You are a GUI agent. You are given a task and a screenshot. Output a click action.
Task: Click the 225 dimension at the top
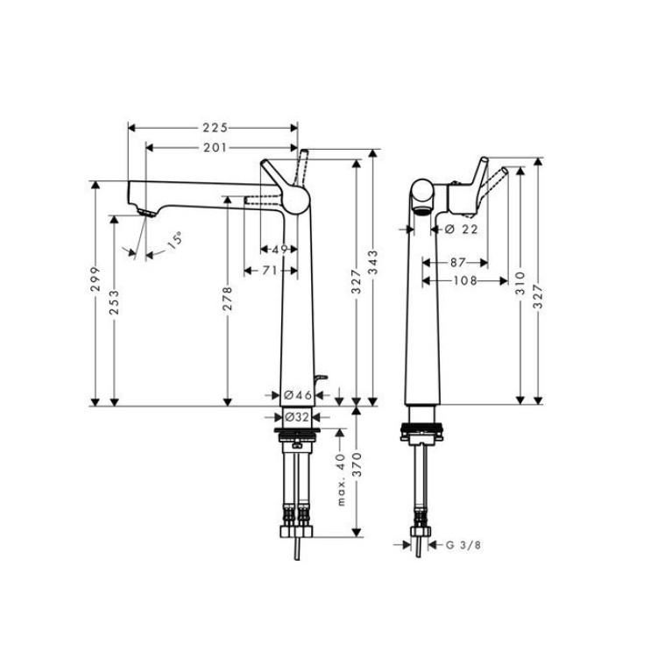point(216,128)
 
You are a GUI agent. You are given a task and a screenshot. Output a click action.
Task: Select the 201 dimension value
point(216,148)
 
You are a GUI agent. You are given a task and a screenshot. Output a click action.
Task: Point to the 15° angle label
point(174,240)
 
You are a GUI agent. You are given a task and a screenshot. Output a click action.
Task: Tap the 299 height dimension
point(95,279)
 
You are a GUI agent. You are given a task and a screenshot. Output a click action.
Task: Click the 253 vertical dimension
point(114,302)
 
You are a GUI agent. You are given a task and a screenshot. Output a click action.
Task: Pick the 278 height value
point(228,299)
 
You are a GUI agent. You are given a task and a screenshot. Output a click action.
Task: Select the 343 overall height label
point(373,262)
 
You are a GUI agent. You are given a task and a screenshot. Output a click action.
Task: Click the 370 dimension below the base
point(357,464)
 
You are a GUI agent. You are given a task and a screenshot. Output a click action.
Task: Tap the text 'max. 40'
point(341,479)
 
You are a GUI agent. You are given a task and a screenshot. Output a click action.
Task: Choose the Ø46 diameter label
point(298,395)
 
